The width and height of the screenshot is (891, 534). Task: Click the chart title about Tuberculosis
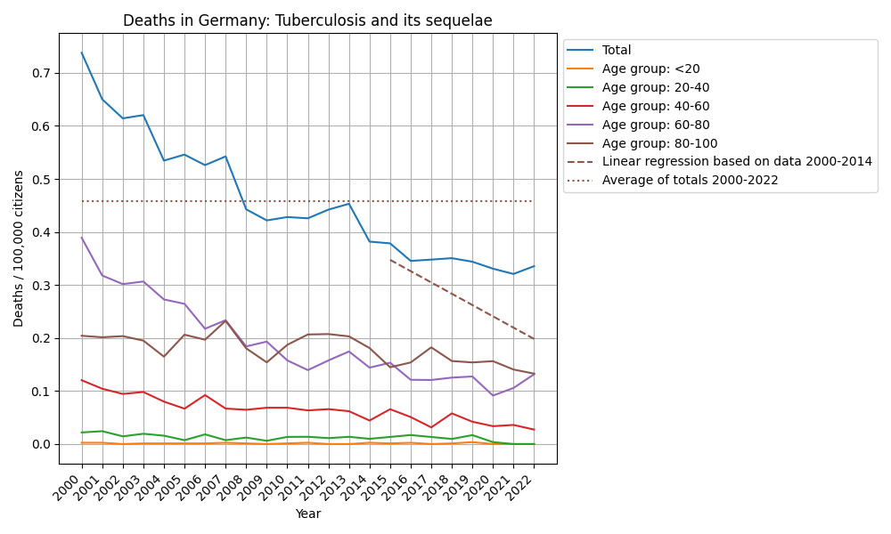(307, 20)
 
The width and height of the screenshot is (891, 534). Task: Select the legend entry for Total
(617, 51)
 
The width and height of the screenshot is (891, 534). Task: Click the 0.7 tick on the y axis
(41, 73)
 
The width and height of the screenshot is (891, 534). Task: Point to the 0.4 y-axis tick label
(41, 232)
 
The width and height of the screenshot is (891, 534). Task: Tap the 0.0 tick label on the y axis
(41, 444)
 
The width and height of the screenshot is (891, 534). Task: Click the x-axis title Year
(307, 514)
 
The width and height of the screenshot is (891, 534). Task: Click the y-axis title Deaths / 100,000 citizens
(19, 248)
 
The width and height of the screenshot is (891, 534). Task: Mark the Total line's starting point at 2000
(82, 53)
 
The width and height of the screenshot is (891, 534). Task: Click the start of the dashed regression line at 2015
(390, 260)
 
